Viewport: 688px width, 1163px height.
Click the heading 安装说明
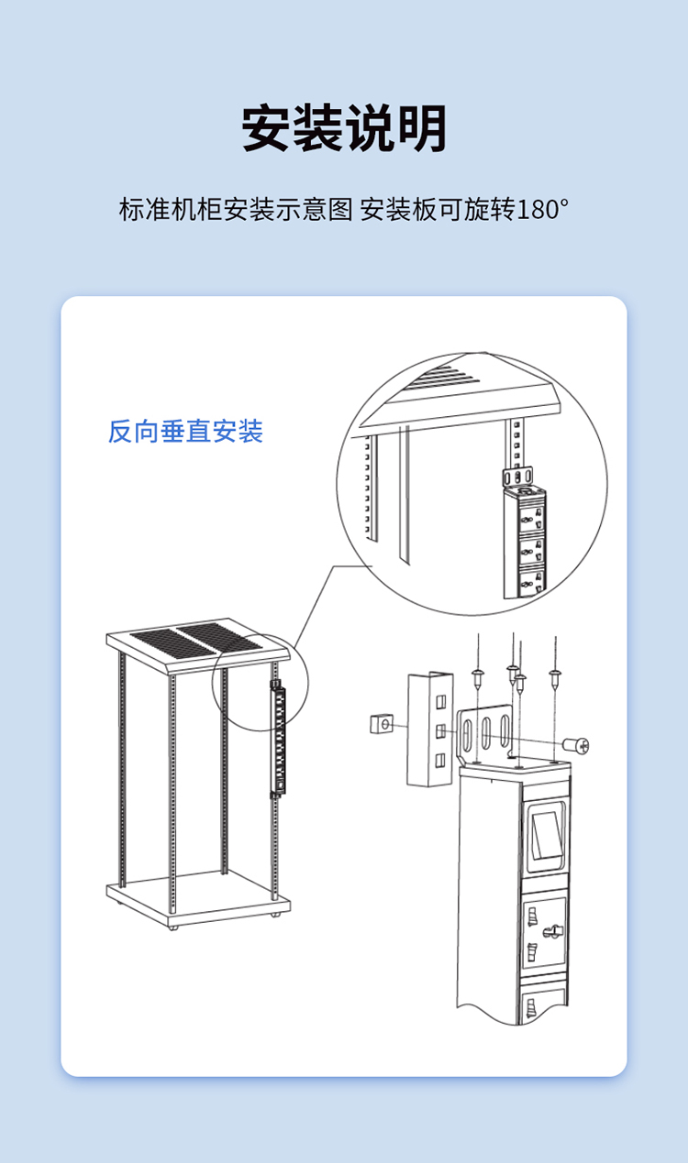click(344, 128)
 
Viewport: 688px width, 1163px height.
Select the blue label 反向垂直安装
click(185, 432)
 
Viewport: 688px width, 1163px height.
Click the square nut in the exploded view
click(382, 723)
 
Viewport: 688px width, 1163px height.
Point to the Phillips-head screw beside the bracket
click(575, 745)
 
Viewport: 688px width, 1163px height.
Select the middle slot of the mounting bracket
click(485, 733)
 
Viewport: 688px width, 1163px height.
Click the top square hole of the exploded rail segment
click(440, 702)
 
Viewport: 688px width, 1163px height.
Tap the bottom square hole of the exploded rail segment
click(439, 761)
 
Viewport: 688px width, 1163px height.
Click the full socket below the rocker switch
click(544, 932)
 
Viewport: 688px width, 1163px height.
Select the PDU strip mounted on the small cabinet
click(279, 739)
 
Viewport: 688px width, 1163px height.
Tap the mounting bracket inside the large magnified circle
click(517, 477)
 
